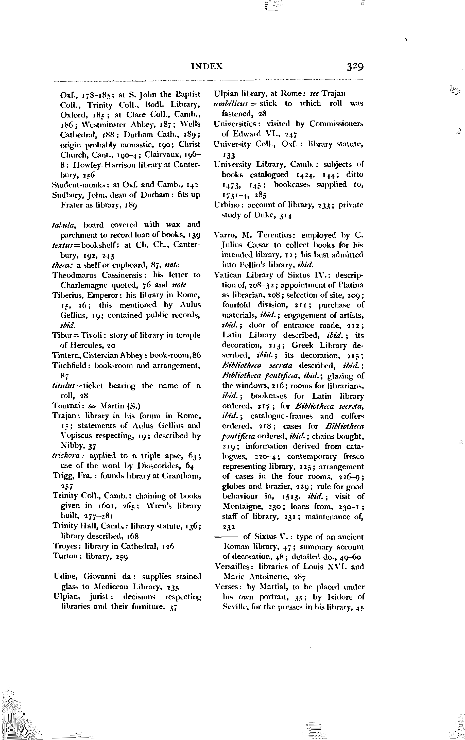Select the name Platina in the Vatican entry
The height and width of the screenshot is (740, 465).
[x=350, y=285]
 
